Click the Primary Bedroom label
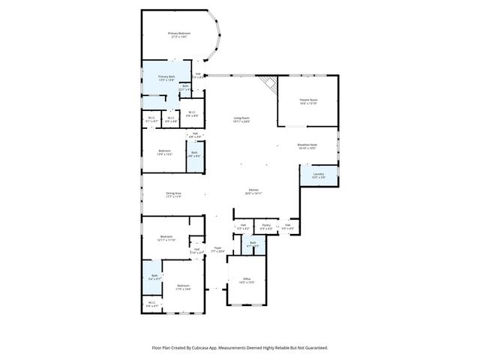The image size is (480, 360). point(178,34)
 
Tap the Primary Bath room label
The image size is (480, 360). point(166,77)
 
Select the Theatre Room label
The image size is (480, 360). point(308,100)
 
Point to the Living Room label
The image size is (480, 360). point(241,119)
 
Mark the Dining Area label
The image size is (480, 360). point(173,194)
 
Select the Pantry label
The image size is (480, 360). point(266,224)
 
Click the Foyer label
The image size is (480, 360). point(217,249)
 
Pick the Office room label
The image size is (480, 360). point(247,280)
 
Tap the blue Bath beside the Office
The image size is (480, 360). point(253,244)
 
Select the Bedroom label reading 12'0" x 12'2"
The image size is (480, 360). point(164,152)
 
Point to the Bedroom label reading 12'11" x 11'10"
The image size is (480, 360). point(166,238)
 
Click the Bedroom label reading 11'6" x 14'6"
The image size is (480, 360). point(183,286)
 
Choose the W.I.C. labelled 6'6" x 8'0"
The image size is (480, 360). point(192,114)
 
